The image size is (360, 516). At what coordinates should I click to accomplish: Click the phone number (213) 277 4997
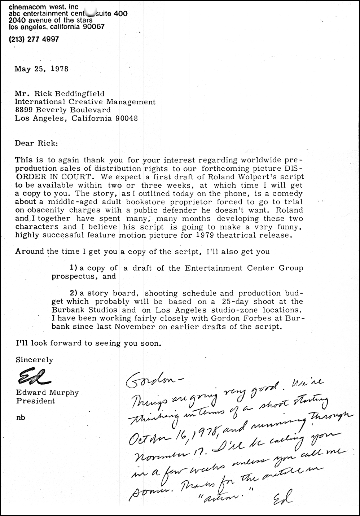pyautogui.click(x=34, y=39)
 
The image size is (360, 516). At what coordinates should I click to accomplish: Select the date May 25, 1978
pyautogui.click(x=41, y=69)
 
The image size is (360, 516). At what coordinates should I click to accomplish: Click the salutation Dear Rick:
pyautogui.click(x=36, y=143)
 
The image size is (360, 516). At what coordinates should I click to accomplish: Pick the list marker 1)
pyautogui.click(x=74, y=268)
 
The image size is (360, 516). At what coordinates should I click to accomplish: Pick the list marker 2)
pyautogui.click(x=74, y=293)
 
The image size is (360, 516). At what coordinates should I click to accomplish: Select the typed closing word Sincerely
pyautogui.click(x=34, y=360)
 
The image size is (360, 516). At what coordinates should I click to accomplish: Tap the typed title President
pyautogui.click(x=35, y=401)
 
